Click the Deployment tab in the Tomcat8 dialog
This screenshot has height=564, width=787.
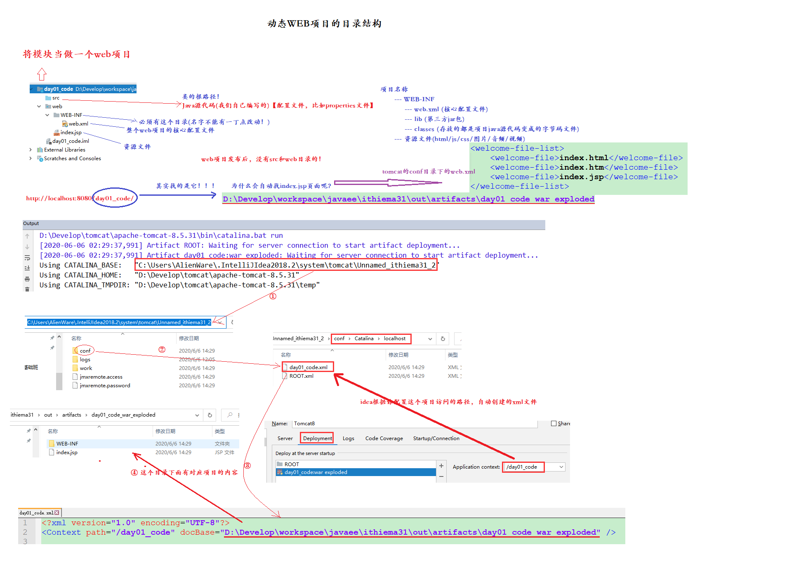tap(317, 438)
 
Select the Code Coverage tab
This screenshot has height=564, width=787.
tap(384, 438)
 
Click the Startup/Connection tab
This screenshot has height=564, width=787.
tap(436, 438)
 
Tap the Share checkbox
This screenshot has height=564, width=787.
tap(554, 424)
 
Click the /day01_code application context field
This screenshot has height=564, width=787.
tap(523, 467)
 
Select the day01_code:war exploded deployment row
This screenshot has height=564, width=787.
tap(316, 472)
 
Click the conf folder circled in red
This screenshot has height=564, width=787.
tap(85, 351)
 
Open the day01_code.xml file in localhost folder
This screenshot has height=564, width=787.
tap(308, 367)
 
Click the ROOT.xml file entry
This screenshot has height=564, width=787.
tap(301, 376)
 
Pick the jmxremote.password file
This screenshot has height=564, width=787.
tap(105, 386)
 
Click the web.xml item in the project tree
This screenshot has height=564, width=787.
tap(78, 124)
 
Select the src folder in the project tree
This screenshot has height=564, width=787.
tap(56, 98)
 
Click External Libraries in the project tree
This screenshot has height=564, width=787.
tap(64, 150)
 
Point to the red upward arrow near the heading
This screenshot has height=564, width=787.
tap(42, 74)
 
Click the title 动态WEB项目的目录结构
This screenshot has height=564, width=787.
tap(324, 24)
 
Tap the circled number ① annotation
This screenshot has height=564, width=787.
tap(273, 296)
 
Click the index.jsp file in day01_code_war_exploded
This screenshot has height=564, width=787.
tap(66, 453)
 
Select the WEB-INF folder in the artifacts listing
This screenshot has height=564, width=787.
tap(67, 444)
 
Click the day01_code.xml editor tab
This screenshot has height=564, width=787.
tap(36, 513)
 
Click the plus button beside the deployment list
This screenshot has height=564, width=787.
tap(441, 466)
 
